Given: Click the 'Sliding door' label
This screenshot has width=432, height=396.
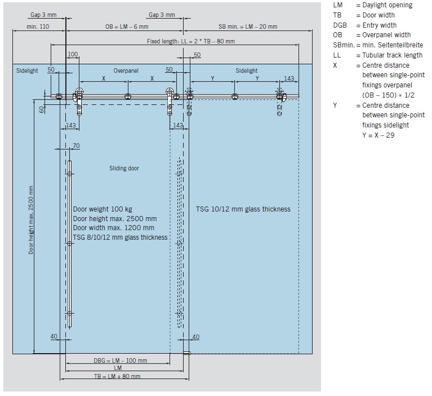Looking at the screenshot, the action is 124,168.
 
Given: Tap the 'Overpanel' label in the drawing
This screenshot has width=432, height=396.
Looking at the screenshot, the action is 126,71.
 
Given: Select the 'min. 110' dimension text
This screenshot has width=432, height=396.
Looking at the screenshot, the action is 38,27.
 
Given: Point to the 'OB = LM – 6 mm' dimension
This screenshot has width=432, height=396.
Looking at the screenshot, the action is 127,27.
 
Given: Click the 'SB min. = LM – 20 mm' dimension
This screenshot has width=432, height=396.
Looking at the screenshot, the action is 248,27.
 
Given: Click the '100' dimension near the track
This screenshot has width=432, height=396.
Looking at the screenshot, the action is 73,54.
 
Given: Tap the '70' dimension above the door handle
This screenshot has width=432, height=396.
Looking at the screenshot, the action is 76,146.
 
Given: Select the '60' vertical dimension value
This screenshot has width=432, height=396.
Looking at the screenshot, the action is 42,109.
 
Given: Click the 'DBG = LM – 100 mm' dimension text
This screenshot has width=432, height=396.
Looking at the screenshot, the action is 121,360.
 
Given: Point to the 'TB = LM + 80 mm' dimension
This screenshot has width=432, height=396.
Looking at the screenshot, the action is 117,376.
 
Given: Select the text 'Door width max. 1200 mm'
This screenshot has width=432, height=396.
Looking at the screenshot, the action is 114,228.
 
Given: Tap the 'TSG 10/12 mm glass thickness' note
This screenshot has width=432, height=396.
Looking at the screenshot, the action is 243,209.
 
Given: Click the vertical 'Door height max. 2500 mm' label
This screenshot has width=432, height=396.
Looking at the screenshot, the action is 31,220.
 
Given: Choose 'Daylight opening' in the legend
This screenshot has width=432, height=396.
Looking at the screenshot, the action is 388,5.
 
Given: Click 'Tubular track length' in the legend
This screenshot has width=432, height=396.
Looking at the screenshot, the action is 393,55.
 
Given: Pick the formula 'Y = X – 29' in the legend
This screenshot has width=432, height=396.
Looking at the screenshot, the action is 378,135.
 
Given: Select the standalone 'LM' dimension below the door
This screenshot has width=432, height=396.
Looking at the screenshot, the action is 118,368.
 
